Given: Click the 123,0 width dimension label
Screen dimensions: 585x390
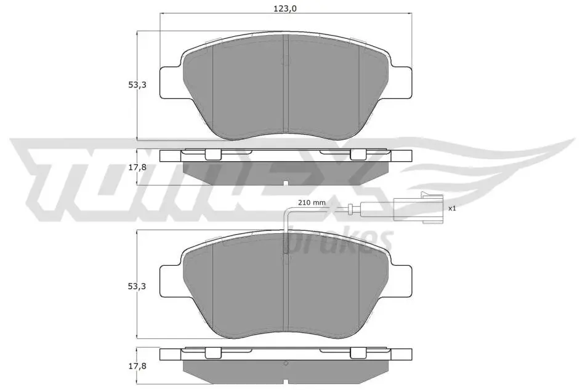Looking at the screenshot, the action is pos(285,9).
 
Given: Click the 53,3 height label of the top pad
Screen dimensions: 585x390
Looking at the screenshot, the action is pos(137,85).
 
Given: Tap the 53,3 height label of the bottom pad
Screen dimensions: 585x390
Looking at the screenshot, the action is pos(137,286).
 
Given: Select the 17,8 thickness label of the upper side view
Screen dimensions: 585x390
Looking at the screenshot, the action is pos(137,167).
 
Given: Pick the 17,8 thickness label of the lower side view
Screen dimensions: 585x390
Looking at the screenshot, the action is pos(137,366).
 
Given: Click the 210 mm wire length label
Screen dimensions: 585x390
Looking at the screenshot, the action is pos(312,203).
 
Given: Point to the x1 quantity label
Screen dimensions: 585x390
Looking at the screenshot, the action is pos(452,209).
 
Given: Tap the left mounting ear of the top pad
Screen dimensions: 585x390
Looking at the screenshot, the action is pos(172,83).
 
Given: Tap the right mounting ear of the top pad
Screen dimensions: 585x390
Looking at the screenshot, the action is pos(400,83).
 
